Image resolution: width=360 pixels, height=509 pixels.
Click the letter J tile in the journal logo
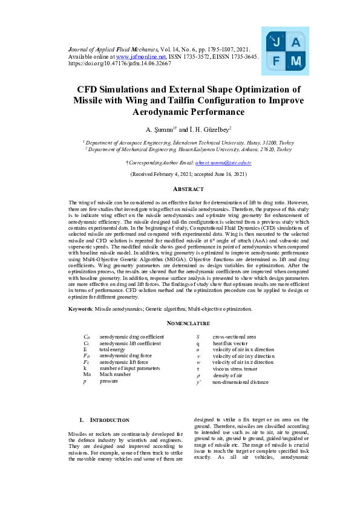(x=276, y=42)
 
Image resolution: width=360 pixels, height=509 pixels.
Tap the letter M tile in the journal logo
(x=296, y=61)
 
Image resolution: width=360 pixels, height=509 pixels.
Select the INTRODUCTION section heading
(x=109, y=420)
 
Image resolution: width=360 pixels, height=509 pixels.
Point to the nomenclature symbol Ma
(x=87, y=375)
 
